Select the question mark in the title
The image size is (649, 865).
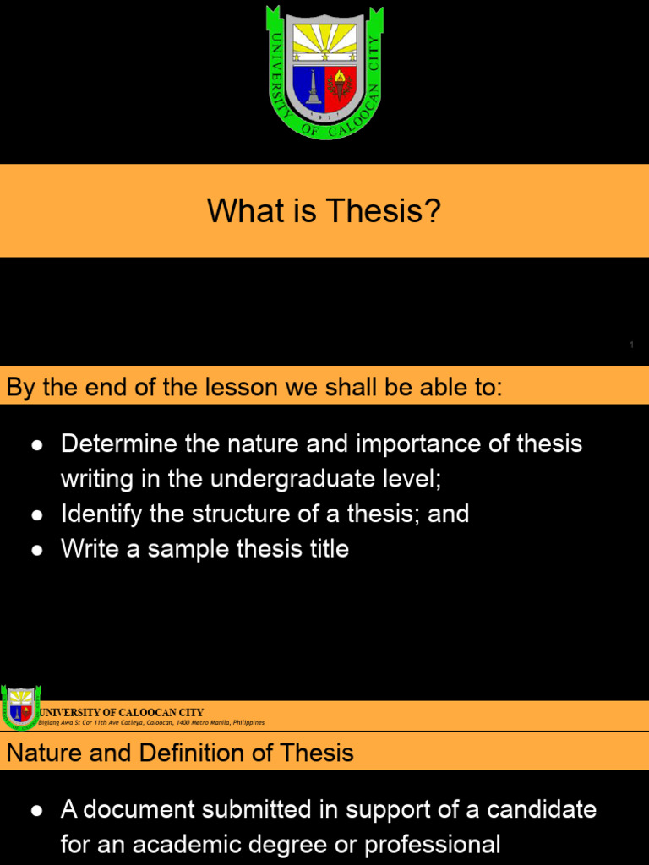(433, 211)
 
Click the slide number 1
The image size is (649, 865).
(631, 345)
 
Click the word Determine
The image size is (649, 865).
(118, 444)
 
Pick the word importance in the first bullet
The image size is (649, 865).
(414, 444)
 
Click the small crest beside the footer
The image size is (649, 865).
(19, 708)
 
